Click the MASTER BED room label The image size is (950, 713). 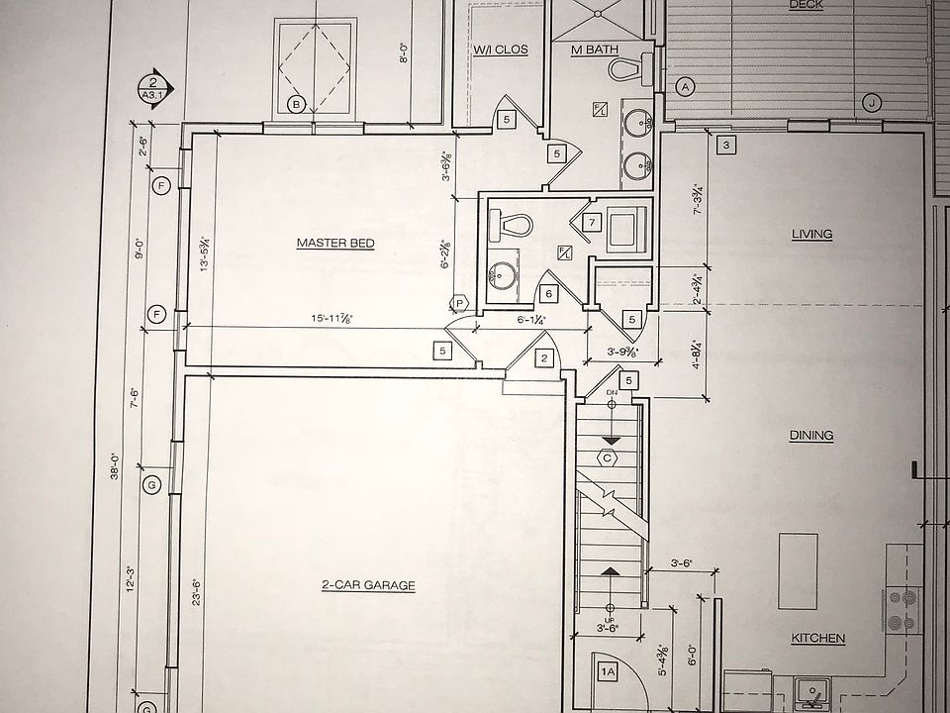335,243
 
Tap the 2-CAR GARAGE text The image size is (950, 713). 368,585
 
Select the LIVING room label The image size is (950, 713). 811,235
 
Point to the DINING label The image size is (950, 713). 811,435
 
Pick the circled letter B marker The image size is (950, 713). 295,103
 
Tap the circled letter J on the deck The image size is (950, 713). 871,102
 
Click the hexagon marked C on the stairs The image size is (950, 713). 607,458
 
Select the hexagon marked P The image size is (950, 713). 459,303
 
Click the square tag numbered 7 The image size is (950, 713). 591,223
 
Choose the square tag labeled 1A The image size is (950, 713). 609,672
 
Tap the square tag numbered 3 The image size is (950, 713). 725,146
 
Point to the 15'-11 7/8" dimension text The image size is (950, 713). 332,318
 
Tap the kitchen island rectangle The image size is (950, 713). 799,561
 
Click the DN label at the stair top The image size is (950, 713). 611,395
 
